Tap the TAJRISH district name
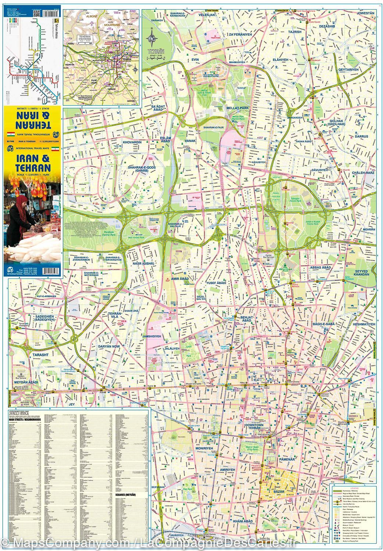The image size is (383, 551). pos(294,32)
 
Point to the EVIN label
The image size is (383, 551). pos(194,58)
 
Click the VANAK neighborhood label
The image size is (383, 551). pos(190,141)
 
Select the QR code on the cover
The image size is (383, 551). pos(36,13)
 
